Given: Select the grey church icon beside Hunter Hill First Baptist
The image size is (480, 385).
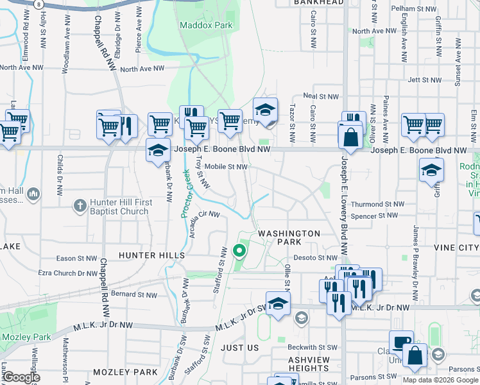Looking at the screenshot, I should pyautogui.click(x=80, y=206).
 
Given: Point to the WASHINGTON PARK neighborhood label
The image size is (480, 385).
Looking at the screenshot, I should pyautogui.click(x=289, y=238).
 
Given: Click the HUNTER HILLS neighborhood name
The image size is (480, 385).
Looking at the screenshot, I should pyautogui.click(x=151, y=255).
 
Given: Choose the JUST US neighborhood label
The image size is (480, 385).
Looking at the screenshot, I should pyautogui.click(x=239, y=348).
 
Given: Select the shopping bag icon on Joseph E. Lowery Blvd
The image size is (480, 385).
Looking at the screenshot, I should pyautogui.click(x=351, y=137).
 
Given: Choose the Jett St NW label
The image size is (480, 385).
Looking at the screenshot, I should pyautogui.click(x=424, y=81).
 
